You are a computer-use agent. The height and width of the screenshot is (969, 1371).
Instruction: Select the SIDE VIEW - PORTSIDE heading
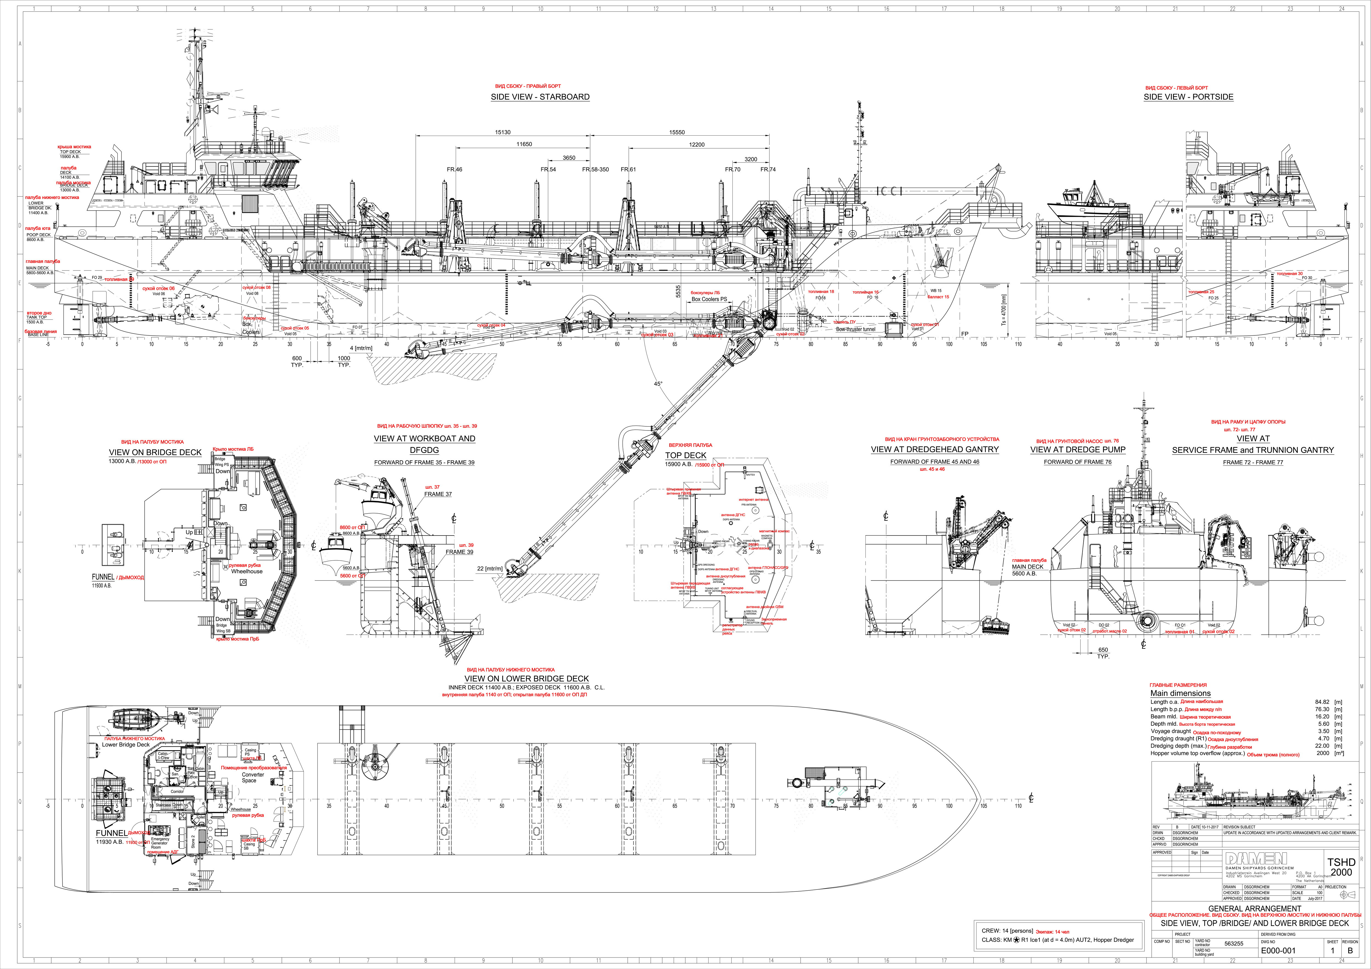click(1188, 97)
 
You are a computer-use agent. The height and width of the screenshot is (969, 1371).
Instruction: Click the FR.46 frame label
click(454, 169)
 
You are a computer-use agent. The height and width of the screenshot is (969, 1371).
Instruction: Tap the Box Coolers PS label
click(709, 300)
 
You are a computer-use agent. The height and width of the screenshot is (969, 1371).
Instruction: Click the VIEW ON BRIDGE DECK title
click(155, 452)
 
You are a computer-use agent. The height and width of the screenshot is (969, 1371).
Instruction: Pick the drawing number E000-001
click(1278, 951)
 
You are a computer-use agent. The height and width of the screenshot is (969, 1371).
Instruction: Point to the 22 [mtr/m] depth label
click(489, 569)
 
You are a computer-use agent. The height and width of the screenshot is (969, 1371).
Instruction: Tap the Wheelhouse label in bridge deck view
click(247, 571)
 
